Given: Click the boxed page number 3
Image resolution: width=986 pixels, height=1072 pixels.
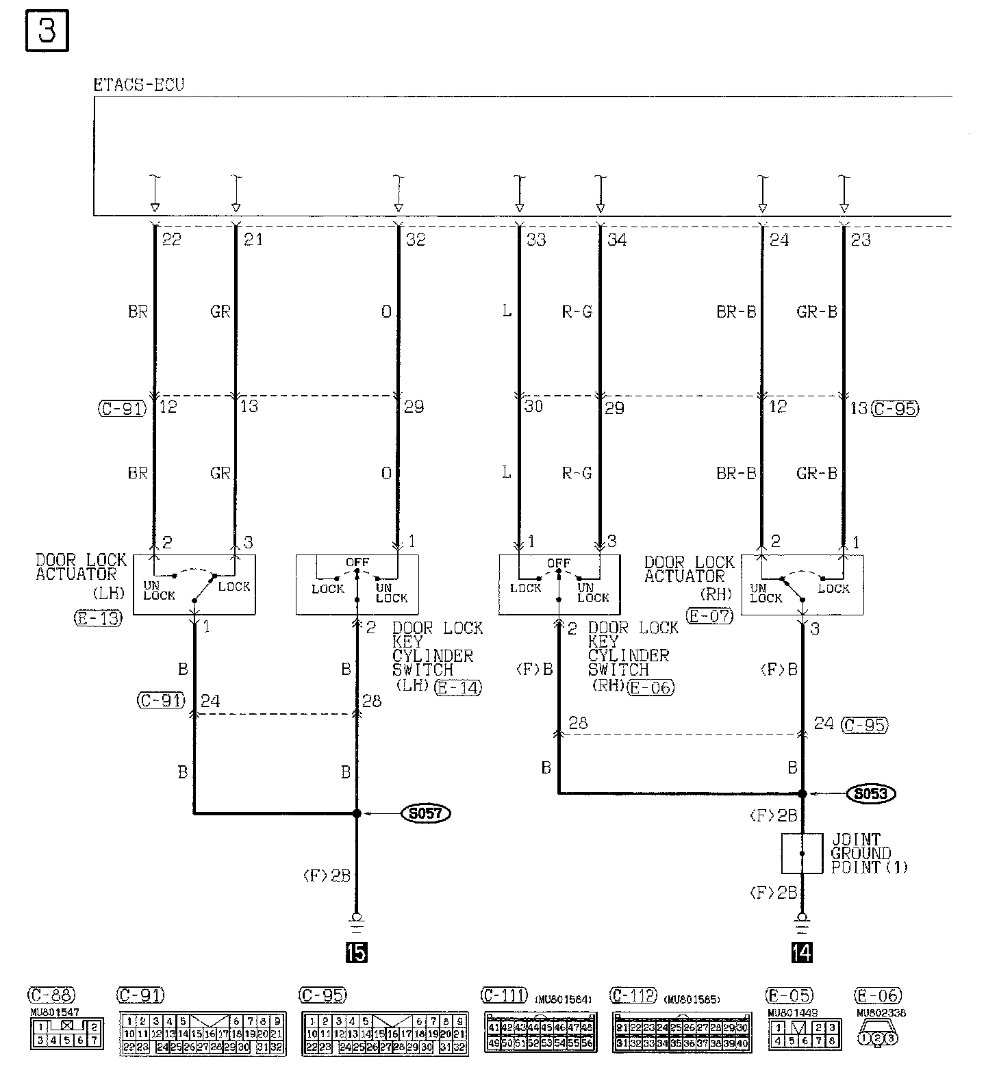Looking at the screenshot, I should pyautogui.click(x=47, y=32).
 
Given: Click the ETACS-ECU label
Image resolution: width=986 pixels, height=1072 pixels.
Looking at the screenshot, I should pyautogui.click(x=139, y=86).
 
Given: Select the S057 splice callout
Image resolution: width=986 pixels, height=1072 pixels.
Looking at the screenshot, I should pyautogui.click(x=426, y=814).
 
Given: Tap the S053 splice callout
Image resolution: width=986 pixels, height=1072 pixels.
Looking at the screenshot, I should pyautogui.click(x=872, y=793).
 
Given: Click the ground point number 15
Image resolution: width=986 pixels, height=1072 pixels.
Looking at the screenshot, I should pyautogui.click(x=357, y=952).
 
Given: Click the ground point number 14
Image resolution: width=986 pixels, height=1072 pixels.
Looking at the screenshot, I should pyautogui.click(x=802, y=952).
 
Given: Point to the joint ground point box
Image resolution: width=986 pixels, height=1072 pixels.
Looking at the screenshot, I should pyautogui.click(x=802, y=853).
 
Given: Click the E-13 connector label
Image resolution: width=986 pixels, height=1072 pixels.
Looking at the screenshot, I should pyautogui.click(x=98, y=619).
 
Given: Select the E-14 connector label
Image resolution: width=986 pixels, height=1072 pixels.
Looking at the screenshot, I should pyautogui.click(x=458, y=687).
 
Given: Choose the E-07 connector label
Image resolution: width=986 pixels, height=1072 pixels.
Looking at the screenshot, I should pyautogui.click(x=710, y=615).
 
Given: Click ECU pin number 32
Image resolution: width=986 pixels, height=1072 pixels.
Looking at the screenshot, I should pyautogui.click(x=416, y=240).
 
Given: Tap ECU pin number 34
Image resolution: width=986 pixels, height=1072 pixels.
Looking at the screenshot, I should pyautogui.click(x=617, y=240).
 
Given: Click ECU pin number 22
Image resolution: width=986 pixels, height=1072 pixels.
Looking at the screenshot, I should pyautogui.click(x=171, y=240).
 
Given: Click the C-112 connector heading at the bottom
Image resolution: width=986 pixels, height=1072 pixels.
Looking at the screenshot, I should pyautogui.click(x=633, y=995).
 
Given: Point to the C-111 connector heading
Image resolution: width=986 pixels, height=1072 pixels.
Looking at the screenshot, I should pyautogui.click(x=505, y=995).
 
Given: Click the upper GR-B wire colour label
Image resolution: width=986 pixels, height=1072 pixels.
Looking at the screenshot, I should pyautogui.click(x=817, y=312).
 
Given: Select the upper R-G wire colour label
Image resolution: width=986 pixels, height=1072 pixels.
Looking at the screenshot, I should pyautogui.click(x=577, y=312).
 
